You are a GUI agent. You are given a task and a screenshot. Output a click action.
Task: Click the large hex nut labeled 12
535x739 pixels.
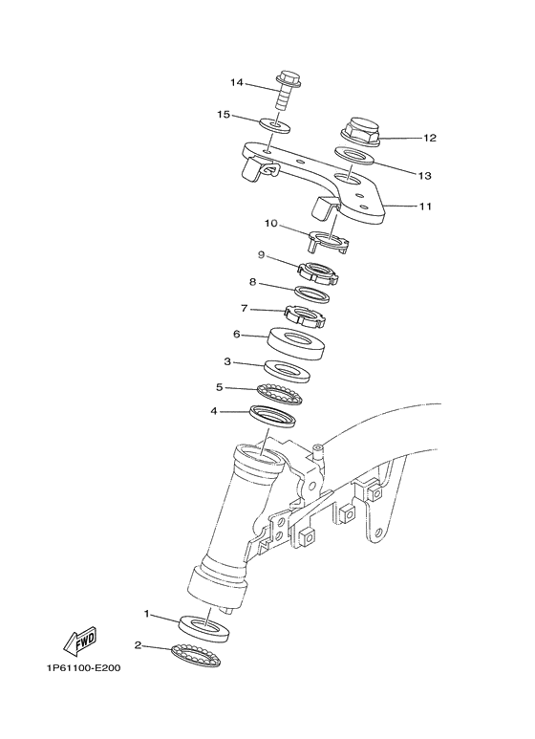(x=362, y=132)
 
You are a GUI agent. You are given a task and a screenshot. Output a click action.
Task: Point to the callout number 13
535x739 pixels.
(x=425, y=176)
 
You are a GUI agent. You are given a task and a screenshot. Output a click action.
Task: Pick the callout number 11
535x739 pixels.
(x=426, y=206)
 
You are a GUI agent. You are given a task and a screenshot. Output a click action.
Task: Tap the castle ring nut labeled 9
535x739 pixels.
(x=317, y=273)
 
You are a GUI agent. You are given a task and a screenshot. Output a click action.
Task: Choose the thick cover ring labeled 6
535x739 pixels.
(x=296, y=342)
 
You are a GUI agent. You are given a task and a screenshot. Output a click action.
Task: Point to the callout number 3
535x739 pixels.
(x=227, y=362)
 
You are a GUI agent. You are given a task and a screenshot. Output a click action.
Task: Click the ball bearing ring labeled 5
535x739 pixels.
(x=283, y=392)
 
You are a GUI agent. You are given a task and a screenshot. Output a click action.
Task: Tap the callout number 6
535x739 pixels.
(x=236, y=335)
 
